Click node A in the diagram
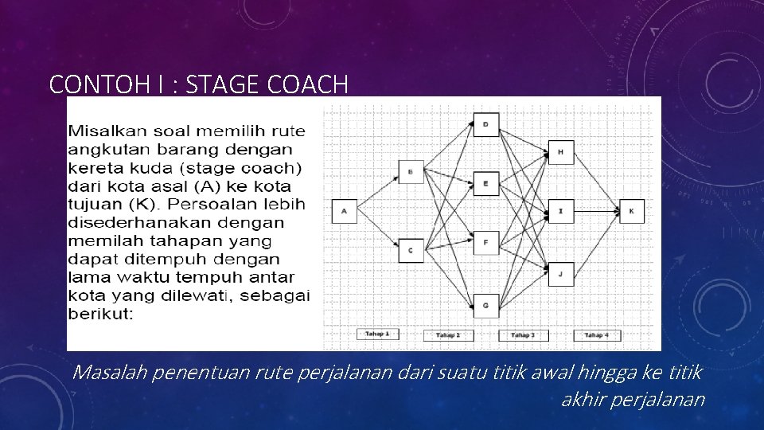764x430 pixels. click(344, 211)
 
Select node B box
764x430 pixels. click(411, 171)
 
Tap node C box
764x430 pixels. click(411, 251)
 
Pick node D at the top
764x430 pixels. click(485, 124)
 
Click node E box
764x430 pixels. click(485, 183)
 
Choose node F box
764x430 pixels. click(485, 243)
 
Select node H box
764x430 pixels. click(560, 152)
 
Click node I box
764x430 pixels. click(560, 211)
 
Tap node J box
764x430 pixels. click(560, 274)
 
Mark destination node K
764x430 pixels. click(631, 211)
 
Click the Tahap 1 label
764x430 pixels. click(377, 334)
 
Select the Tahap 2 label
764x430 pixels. click(448, 335)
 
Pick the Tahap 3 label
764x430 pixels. click(523, 335)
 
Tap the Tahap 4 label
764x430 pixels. click(597, 335)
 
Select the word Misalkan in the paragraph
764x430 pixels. click(111, 130)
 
